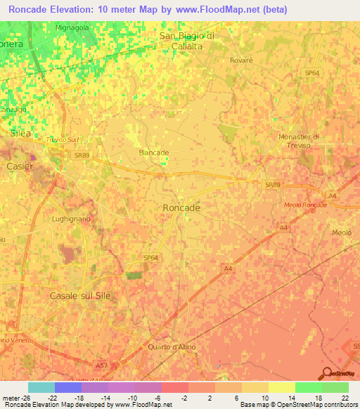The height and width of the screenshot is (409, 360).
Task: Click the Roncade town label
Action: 181,208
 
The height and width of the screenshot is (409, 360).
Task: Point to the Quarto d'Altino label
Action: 176,347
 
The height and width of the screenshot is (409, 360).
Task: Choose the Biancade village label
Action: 154,152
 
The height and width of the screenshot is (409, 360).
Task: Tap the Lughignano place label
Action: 72,219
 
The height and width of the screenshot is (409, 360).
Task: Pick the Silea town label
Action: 22,132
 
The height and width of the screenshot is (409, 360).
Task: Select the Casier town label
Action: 19,166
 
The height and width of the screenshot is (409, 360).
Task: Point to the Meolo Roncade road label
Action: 306,204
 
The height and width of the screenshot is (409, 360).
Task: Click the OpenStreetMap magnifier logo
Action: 328,374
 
